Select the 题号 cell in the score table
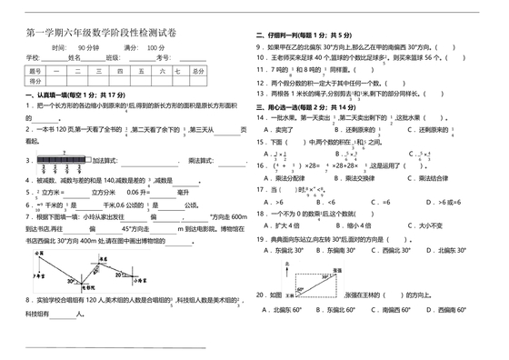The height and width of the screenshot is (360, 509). pos(36,70)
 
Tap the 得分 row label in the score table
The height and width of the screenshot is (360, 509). pos(36,81)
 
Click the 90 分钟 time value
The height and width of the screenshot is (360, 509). pos(88,46)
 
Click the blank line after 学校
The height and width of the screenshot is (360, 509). pos(44,56)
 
